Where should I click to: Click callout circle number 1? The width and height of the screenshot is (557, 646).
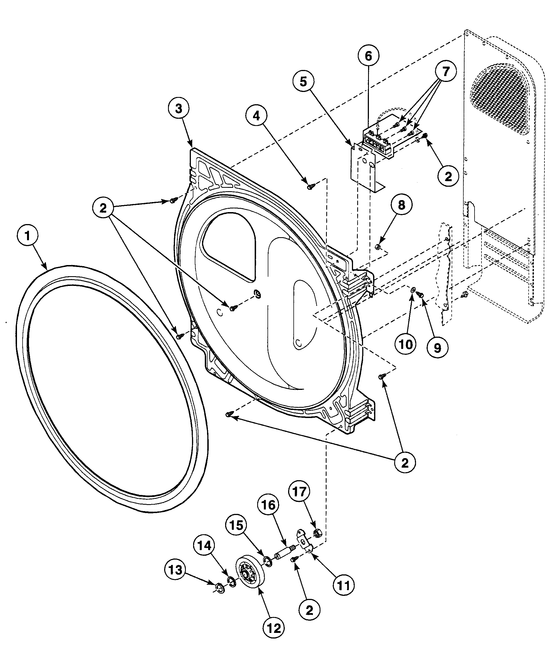click(x=27, y=236)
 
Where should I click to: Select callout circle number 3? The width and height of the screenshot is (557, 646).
click(x=178, y=108)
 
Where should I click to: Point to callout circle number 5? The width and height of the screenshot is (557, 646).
click(x=303, y=81)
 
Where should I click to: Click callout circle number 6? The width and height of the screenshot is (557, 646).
click(x=368, y=56)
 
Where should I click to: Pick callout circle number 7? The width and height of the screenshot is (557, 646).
click(x=446, y=72)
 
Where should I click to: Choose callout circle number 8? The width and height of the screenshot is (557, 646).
click(x=402, y=205)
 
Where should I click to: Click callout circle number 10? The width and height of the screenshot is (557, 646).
click(x=406, y=344)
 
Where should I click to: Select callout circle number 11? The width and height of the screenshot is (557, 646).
click(x=344, y=586)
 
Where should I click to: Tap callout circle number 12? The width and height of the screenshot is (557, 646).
click(x=274, y=628)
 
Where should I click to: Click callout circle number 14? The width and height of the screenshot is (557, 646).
click(x=205, y=546)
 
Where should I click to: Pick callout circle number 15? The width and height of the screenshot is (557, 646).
click(x=236, y=525)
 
